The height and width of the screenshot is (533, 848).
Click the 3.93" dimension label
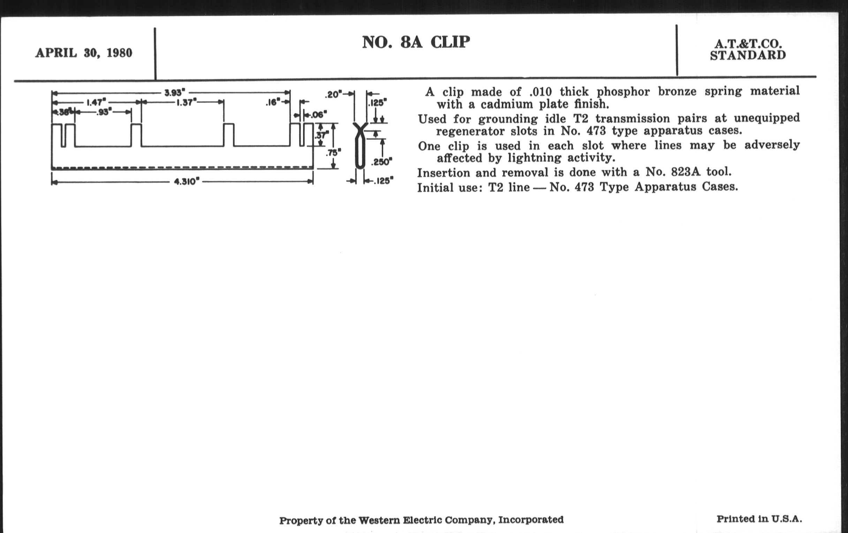(x=175, y=93)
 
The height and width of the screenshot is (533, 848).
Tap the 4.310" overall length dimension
(x=187, y=182)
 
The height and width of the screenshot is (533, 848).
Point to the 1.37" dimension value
(x=186, y=103)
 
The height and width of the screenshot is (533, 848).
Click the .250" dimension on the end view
(x=381, y=162)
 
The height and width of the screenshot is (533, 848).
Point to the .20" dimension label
(x=333, y=95)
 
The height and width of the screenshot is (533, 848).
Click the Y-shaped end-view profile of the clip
(x=360, y=146)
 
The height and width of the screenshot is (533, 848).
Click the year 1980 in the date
(x=119, y=53)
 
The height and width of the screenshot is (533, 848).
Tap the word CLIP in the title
(x=450, y=42)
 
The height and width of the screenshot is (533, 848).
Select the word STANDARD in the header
(x=748, y=55)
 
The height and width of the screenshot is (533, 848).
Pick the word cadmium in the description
(x=506, y=105)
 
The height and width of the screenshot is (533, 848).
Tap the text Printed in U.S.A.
(x=759, y=519)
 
